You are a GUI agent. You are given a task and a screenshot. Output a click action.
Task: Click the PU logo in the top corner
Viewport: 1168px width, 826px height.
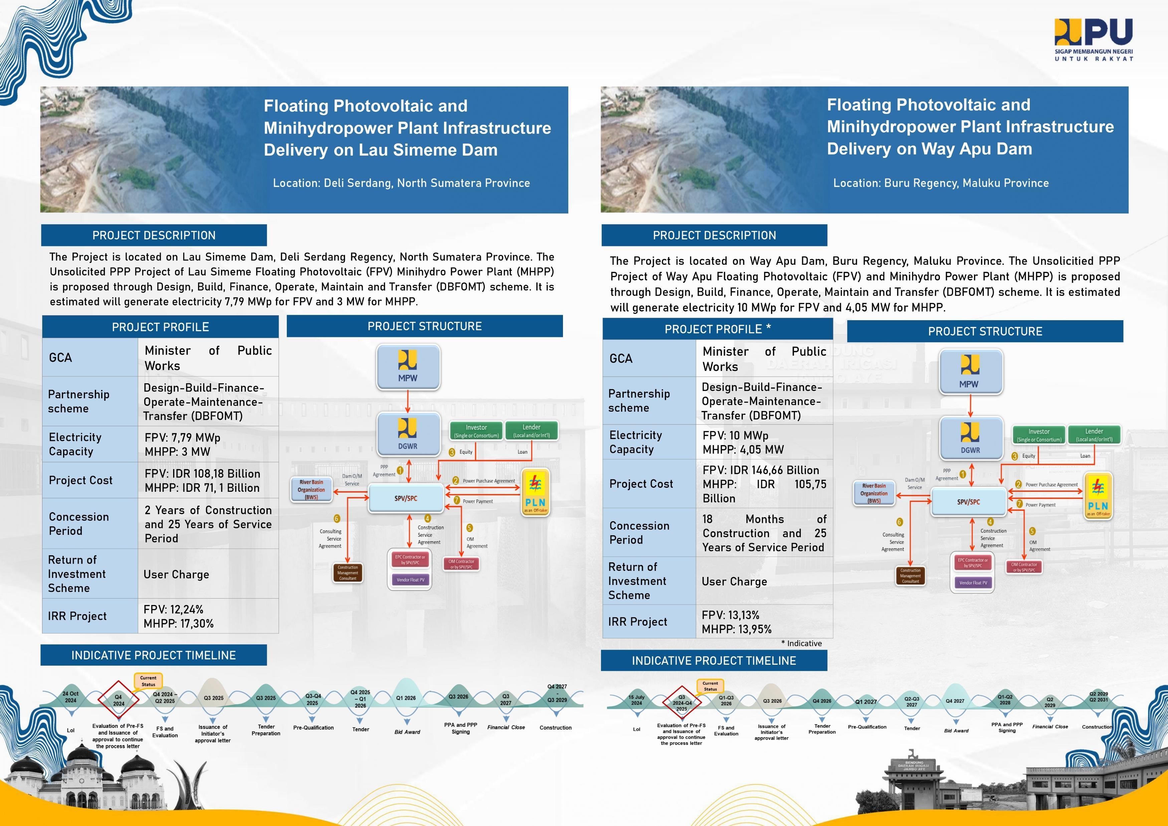click(1093, 40)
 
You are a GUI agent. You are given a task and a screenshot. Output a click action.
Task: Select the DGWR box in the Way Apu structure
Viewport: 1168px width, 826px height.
click(970, 437)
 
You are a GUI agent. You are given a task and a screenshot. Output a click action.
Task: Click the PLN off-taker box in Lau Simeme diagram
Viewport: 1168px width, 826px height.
click(535, 492)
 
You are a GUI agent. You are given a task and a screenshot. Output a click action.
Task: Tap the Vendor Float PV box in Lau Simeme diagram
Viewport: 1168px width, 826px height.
click(410, 580)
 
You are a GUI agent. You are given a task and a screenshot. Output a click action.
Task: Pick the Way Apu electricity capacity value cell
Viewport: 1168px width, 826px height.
click(764, 442)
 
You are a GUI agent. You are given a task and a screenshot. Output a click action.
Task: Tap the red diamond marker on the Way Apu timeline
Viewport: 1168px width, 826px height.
click(682, 703)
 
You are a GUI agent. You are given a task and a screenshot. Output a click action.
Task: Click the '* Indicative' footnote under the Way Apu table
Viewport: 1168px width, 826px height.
click(801, 643)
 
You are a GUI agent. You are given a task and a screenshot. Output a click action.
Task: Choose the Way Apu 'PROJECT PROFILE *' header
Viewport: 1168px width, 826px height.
click(717, 329)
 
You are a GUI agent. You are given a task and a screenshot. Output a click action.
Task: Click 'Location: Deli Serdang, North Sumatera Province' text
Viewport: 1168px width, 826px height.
click(401, 183)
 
